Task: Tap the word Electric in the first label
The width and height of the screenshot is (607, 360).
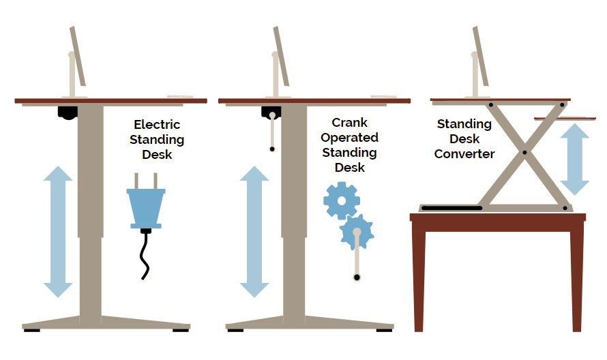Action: (157, 125)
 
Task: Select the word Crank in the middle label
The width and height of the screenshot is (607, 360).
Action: (349, 123)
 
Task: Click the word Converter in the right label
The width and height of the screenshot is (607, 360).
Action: (464, 154)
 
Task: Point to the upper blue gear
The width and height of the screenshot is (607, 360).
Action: (340, 200)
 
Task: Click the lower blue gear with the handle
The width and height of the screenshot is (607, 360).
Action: (357, 232)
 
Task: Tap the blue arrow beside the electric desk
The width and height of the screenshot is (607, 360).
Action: (58, 232)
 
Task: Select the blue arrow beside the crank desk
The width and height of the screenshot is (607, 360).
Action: (254, 232)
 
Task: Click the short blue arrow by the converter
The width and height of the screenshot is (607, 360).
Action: (574, 159)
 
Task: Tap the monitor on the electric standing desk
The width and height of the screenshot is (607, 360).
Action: (77, 57)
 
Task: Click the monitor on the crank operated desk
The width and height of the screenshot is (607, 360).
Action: (281, 57)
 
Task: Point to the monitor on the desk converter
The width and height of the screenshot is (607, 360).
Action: (480, 57)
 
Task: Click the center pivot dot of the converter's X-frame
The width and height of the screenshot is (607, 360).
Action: (524, 152)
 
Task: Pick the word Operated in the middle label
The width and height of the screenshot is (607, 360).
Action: (349, 138)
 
